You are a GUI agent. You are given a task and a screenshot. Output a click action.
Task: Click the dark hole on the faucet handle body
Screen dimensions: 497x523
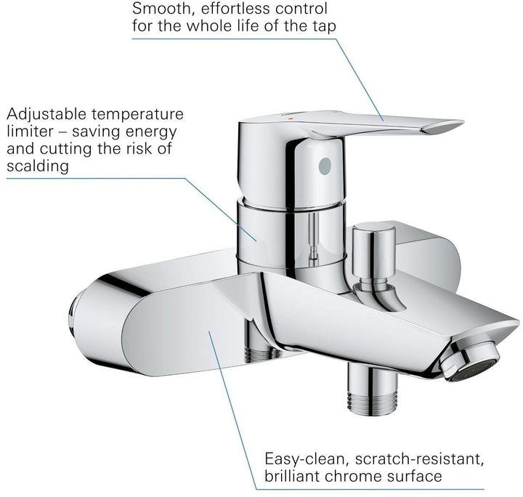pyautogui.click(x=324, y=166)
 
